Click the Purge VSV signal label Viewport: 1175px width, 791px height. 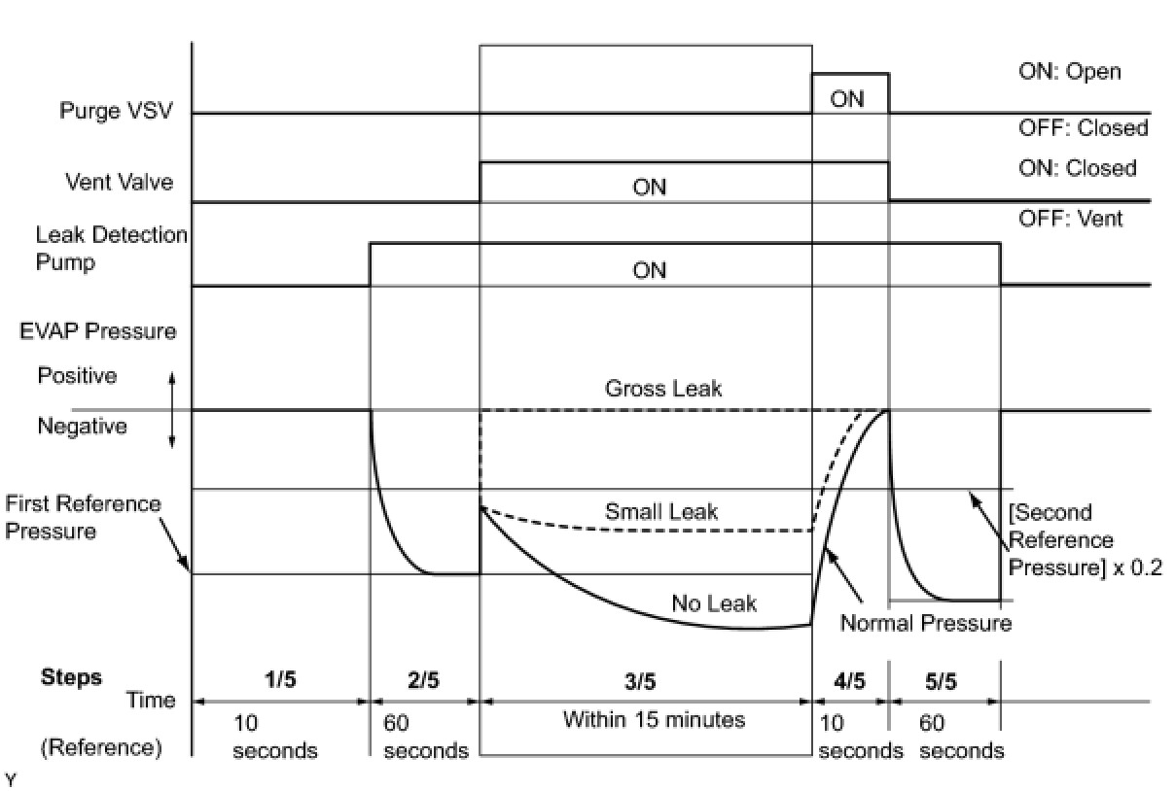[116, 111]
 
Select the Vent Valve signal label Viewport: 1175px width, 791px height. [120, 182]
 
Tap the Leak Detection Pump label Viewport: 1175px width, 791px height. [111, 249]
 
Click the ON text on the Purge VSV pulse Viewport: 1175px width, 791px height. [846, 99]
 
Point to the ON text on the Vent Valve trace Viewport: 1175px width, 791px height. [649, 188]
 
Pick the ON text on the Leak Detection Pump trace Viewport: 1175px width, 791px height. [649, 270]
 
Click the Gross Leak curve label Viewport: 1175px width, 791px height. [663, 389]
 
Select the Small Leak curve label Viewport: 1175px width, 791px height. [661, 511]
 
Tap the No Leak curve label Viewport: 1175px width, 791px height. [714, 603]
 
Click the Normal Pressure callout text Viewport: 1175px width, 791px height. [925, 623]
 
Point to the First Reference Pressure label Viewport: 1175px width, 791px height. [83, 517]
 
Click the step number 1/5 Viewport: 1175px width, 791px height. [279, 680]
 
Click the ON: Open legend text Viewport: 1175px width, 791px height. [1069, 72]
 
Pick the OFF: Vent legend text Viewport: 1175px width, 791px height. [1070, 219]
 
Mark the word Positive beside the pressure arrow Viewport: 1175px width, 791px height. [77, 376]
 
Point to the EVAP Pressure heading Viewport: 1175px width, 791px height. [98, 331]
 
